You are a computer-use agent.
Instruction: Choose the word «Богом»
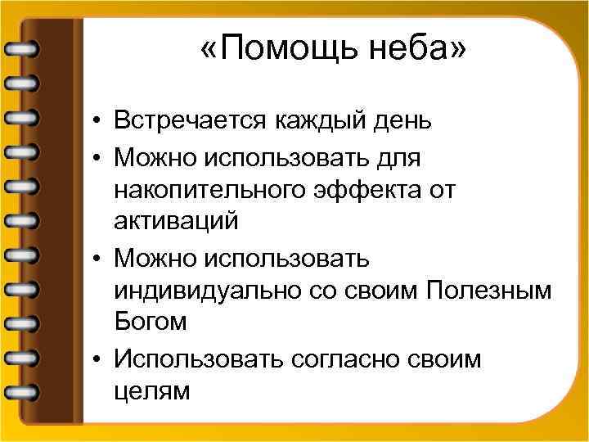pos(151,322)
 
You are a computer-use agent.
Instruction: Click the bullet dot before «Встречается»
pos(97,124)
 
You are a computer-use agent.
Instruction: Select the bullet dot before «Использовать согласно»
pos(97,359)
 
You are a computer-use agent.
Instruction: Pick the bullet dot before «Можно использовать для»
pos(97,156)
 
